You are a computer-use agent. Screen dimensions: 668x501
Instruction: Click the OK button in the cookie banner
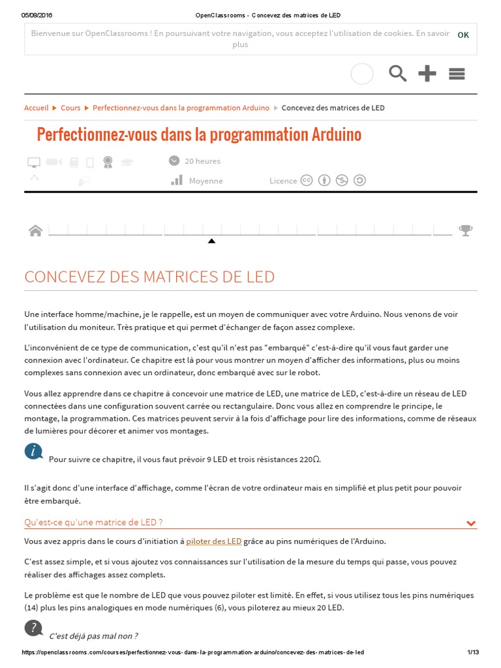click(463, 35)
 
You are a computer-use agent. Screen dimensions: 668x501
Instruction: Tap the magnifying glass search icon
click(397, 74)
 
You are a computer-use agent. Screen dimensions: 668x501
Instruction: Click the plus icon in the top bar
click(427, 74)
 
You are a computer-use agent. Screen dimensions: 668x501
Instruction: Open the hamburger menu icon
click(457, 74)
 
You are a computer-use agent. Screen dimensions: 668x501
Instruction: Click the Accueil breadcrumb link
click(37, 108)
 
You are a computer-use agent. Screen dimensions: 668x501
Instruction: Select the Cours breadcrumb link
click(70, 108)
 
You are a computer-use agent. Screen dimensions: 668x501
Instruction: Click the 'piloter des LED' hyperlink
click(214, 541)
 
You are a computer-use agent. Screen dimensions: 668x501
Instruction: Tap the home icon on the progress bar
click(36, 230)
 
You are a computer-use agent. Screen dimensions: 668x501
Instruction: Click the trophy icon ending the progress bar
click(465, 230)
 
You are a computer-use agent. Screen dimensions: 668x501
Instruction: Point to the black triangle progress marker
click(211, 241)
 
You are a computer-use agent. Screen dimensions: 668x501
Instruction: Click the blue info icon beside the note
click(34, 451)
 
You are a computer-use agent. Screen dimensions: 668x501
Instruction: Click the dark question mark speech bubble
click(34, 628)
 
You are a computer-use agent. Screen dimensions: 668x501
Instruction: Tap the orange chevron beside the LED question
click(471, 523)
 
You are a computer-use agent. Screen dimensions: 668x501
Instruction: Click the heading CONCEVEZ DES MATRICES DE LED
click(149, 277)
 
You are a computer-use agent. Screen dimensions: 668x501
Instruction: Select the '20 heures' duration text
click(202, 161)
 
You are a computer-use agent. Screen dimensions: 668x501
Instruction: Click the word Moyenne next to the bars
click(205, 181)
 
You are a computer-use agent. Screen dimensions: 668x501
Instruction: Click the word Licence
click(283, 181)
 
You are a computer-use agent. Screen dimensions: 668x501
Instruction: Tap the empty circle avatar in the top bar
click(362, 74)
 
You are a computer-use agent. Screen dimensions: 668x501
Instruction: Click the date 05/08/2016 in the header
click(37, 15)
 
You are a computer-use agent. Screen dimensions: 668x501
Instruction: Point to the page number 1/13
click(473, 652)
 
